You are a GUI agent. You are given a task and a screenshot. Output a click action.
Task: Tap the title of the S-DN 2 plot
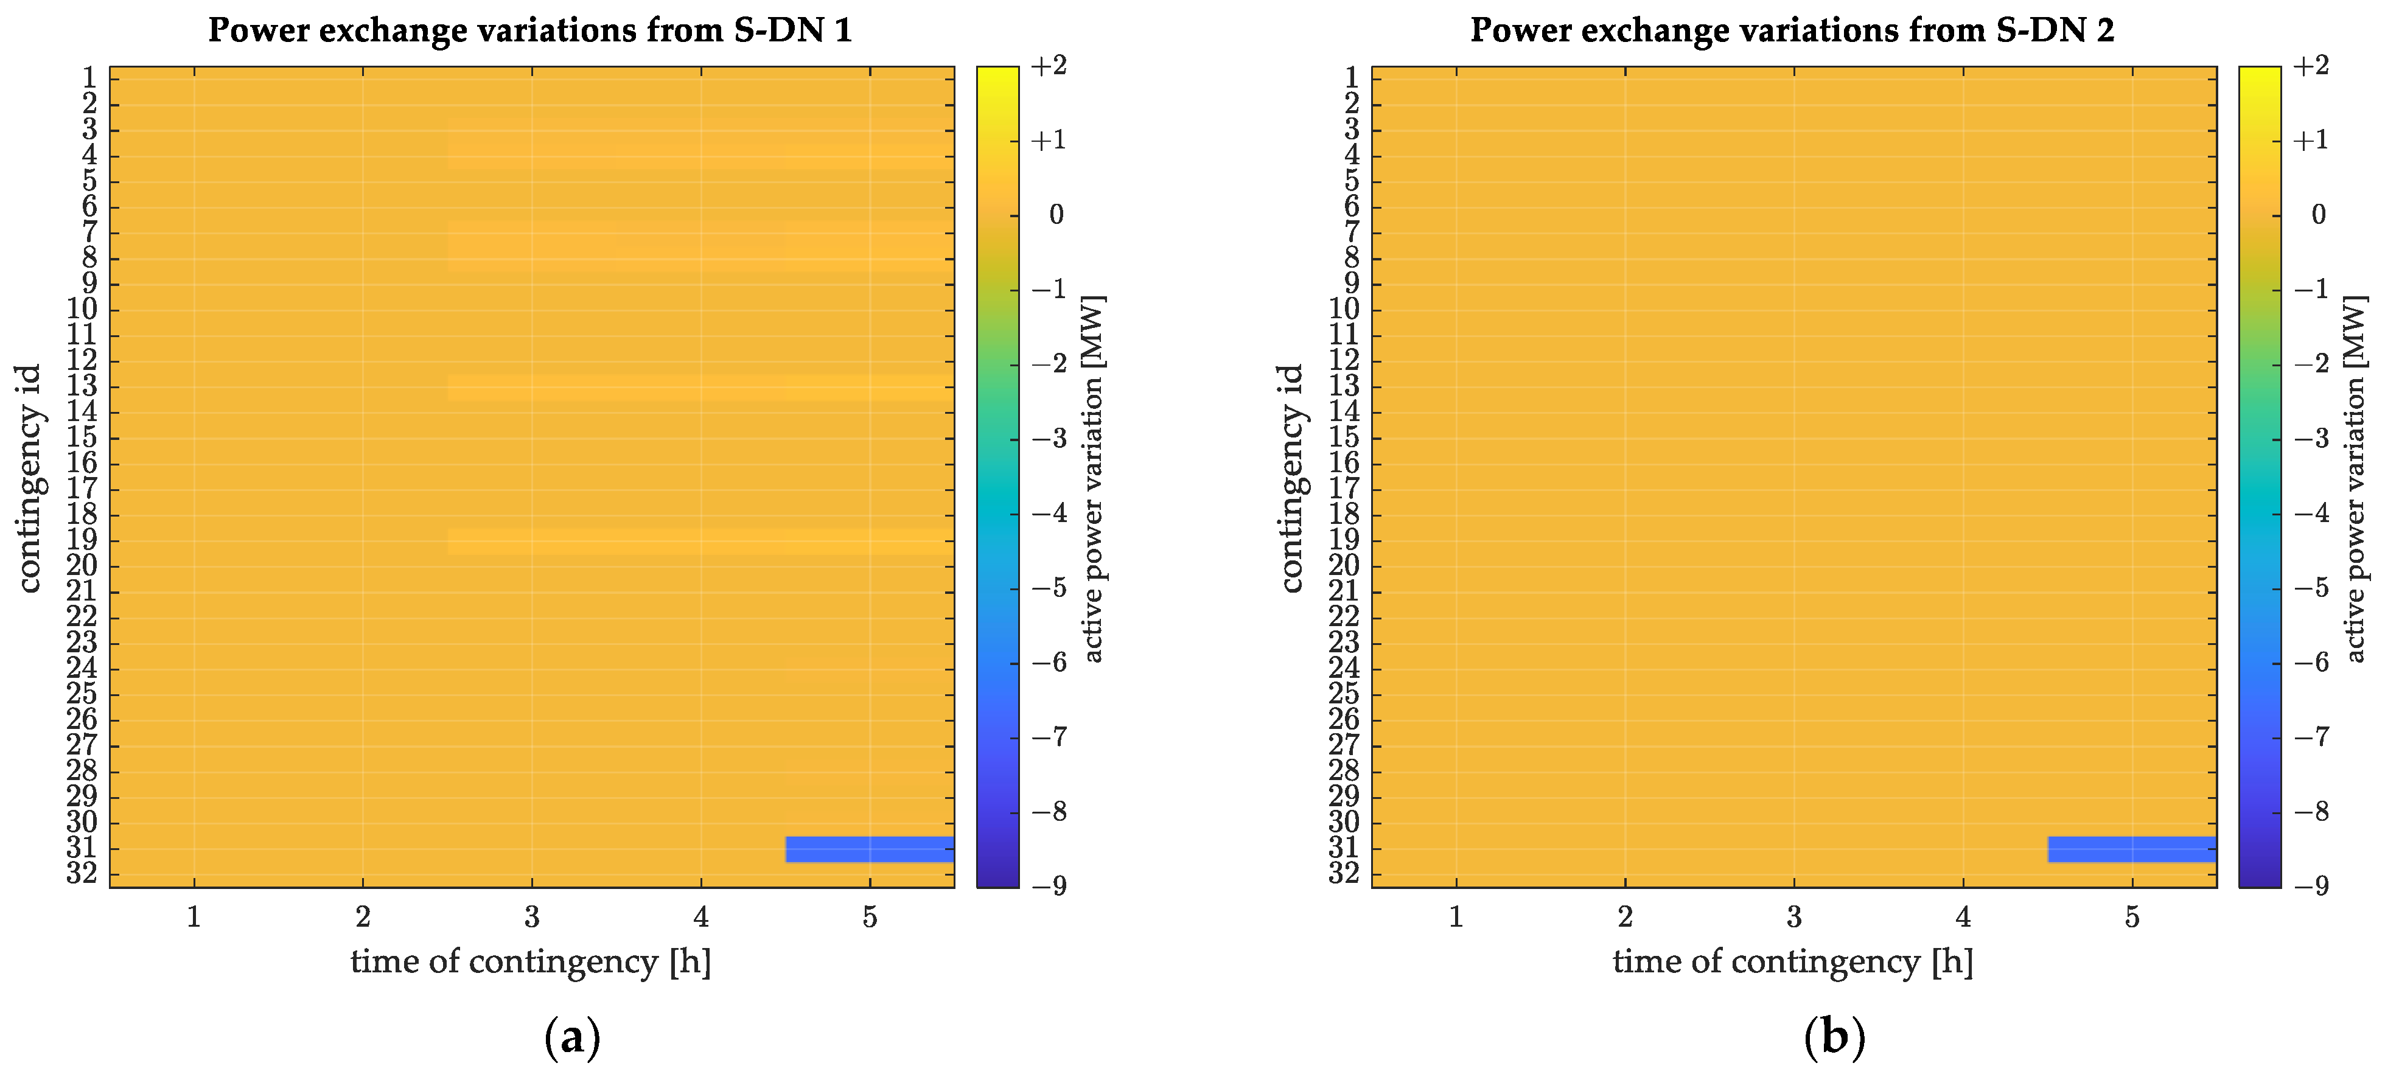1792,30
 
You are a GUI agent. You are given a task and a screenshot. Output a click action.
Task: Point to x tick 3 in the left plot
531,917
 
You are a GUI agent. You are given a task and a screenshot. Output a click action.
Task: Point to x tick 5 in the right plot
2131,917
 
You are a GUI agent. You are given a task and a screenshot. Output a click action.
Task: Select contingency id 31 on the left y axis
82,848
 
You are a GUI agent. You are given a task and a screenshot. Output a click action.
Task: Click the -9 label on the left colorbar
1049,886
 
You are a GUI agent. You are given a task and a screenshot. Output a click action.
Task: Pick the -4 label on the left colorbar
1049,513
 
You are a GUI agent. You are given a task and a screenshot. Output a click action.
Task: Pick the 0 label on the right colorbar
2318,215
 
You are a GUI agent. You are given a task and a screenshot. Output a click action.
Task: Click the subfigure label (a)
572,1038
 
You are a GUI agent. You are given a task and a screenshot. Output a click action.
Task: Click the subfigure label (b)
1834,1038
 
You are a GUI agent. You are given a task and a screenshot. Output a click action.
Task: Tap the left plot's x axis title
531,961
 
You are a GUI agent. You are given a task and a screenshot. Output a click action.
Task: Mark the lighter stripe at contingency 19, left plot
700,541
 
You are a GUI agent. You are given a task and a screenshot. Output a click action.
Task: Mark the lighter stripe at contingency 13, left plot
700,387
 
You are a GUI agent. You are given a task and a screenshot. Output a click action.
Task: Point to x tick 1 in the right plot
1456,917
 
